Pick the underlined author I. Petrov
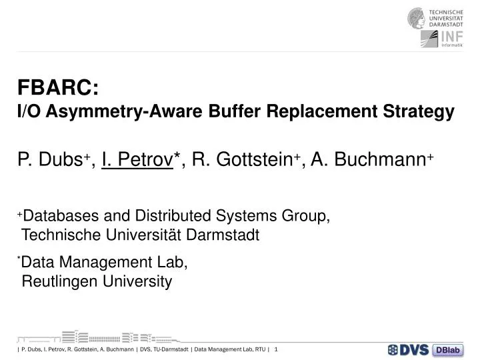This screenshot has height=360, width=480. tap(137, 159)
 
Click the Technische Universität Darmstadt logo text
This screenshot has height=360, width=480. tap(453, 18)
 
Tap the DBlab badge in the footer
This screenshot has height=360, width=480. tap(448, 350)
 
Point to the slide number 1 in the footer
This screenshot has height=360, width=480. tap(276, 349)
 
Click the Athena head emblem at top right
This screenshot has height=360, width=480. tap(417, 18)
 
